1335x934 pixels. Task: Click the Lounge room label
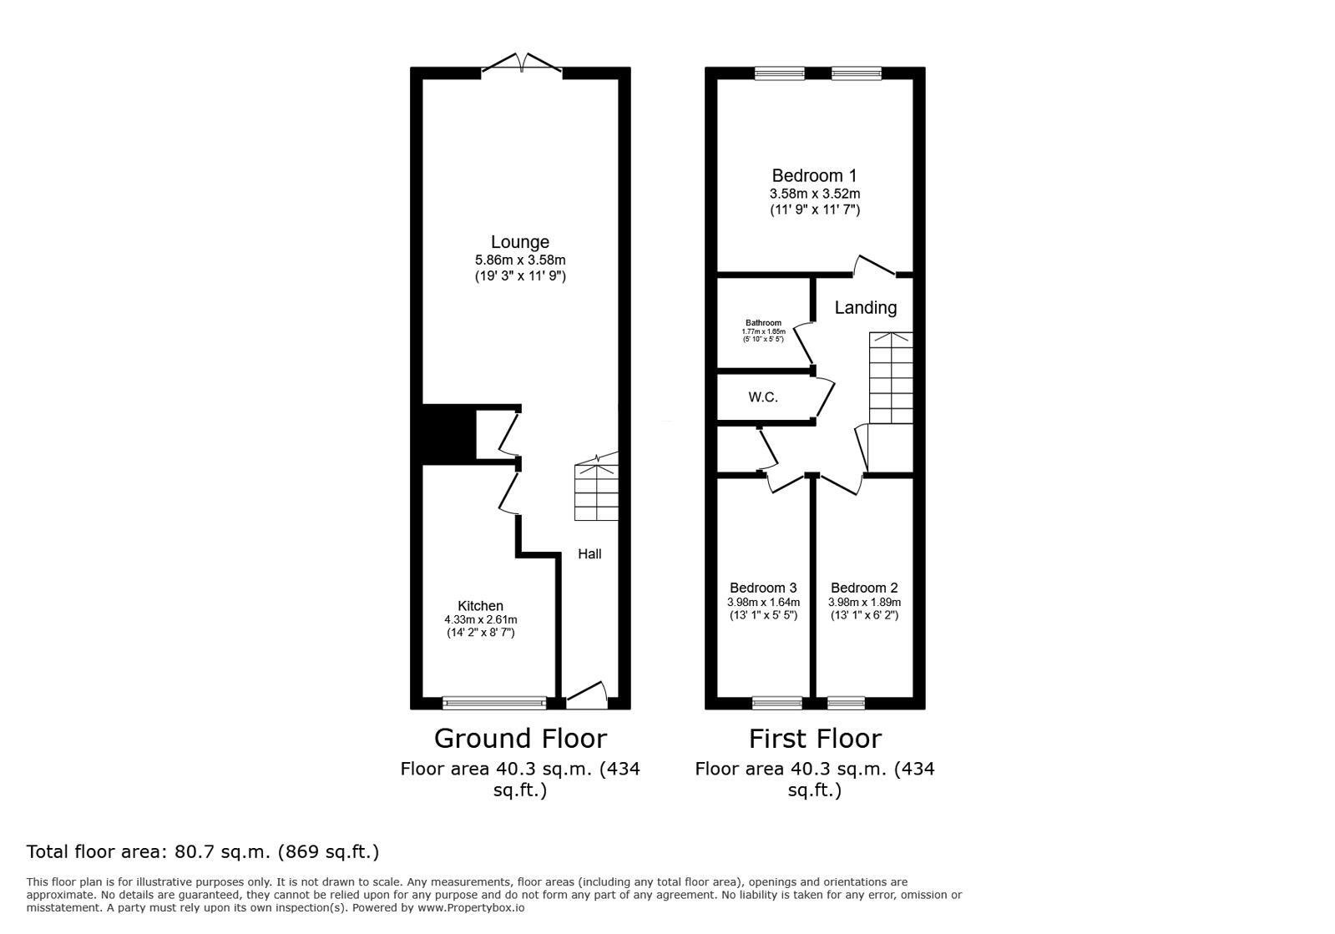pos(519,242)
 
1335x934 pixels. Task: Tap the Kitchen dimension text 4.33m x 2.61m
pos(480,620)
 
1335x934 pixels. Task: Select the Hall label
pos(589,554)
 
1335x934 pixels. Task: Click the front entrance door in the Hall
pos(586,696)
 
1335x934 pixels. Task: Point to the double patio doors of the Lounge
pos(521,64)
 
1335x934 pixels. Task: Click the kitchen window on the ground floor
pos(494,703)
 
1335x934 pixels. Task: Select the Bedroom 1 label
pos(814,176)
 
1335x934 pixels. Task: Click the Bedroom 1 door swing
pos(872,266)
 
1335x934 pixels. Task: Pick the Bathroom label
pos(763,323)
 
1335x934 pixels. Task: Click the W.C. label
pos(763,397)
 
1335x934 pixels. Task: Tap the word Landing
pos(866,308)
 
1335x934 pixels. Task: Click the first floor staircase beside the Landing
pos(891,378)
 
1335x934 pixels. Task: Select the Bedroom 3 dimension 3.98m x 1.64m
pos(763,603)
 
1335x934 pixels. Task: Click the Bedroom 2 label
pos(864,588)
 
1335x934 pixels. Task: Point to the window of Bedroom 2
pos(846,703)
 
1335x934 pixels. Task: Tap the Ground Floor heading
pos(520,739)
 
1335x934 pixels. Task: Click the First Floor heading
pos(815,739)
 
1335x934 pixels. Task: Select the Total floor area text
pos(203,852)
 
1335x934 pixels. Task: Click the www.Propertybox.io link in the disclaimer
pos(471,907)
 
